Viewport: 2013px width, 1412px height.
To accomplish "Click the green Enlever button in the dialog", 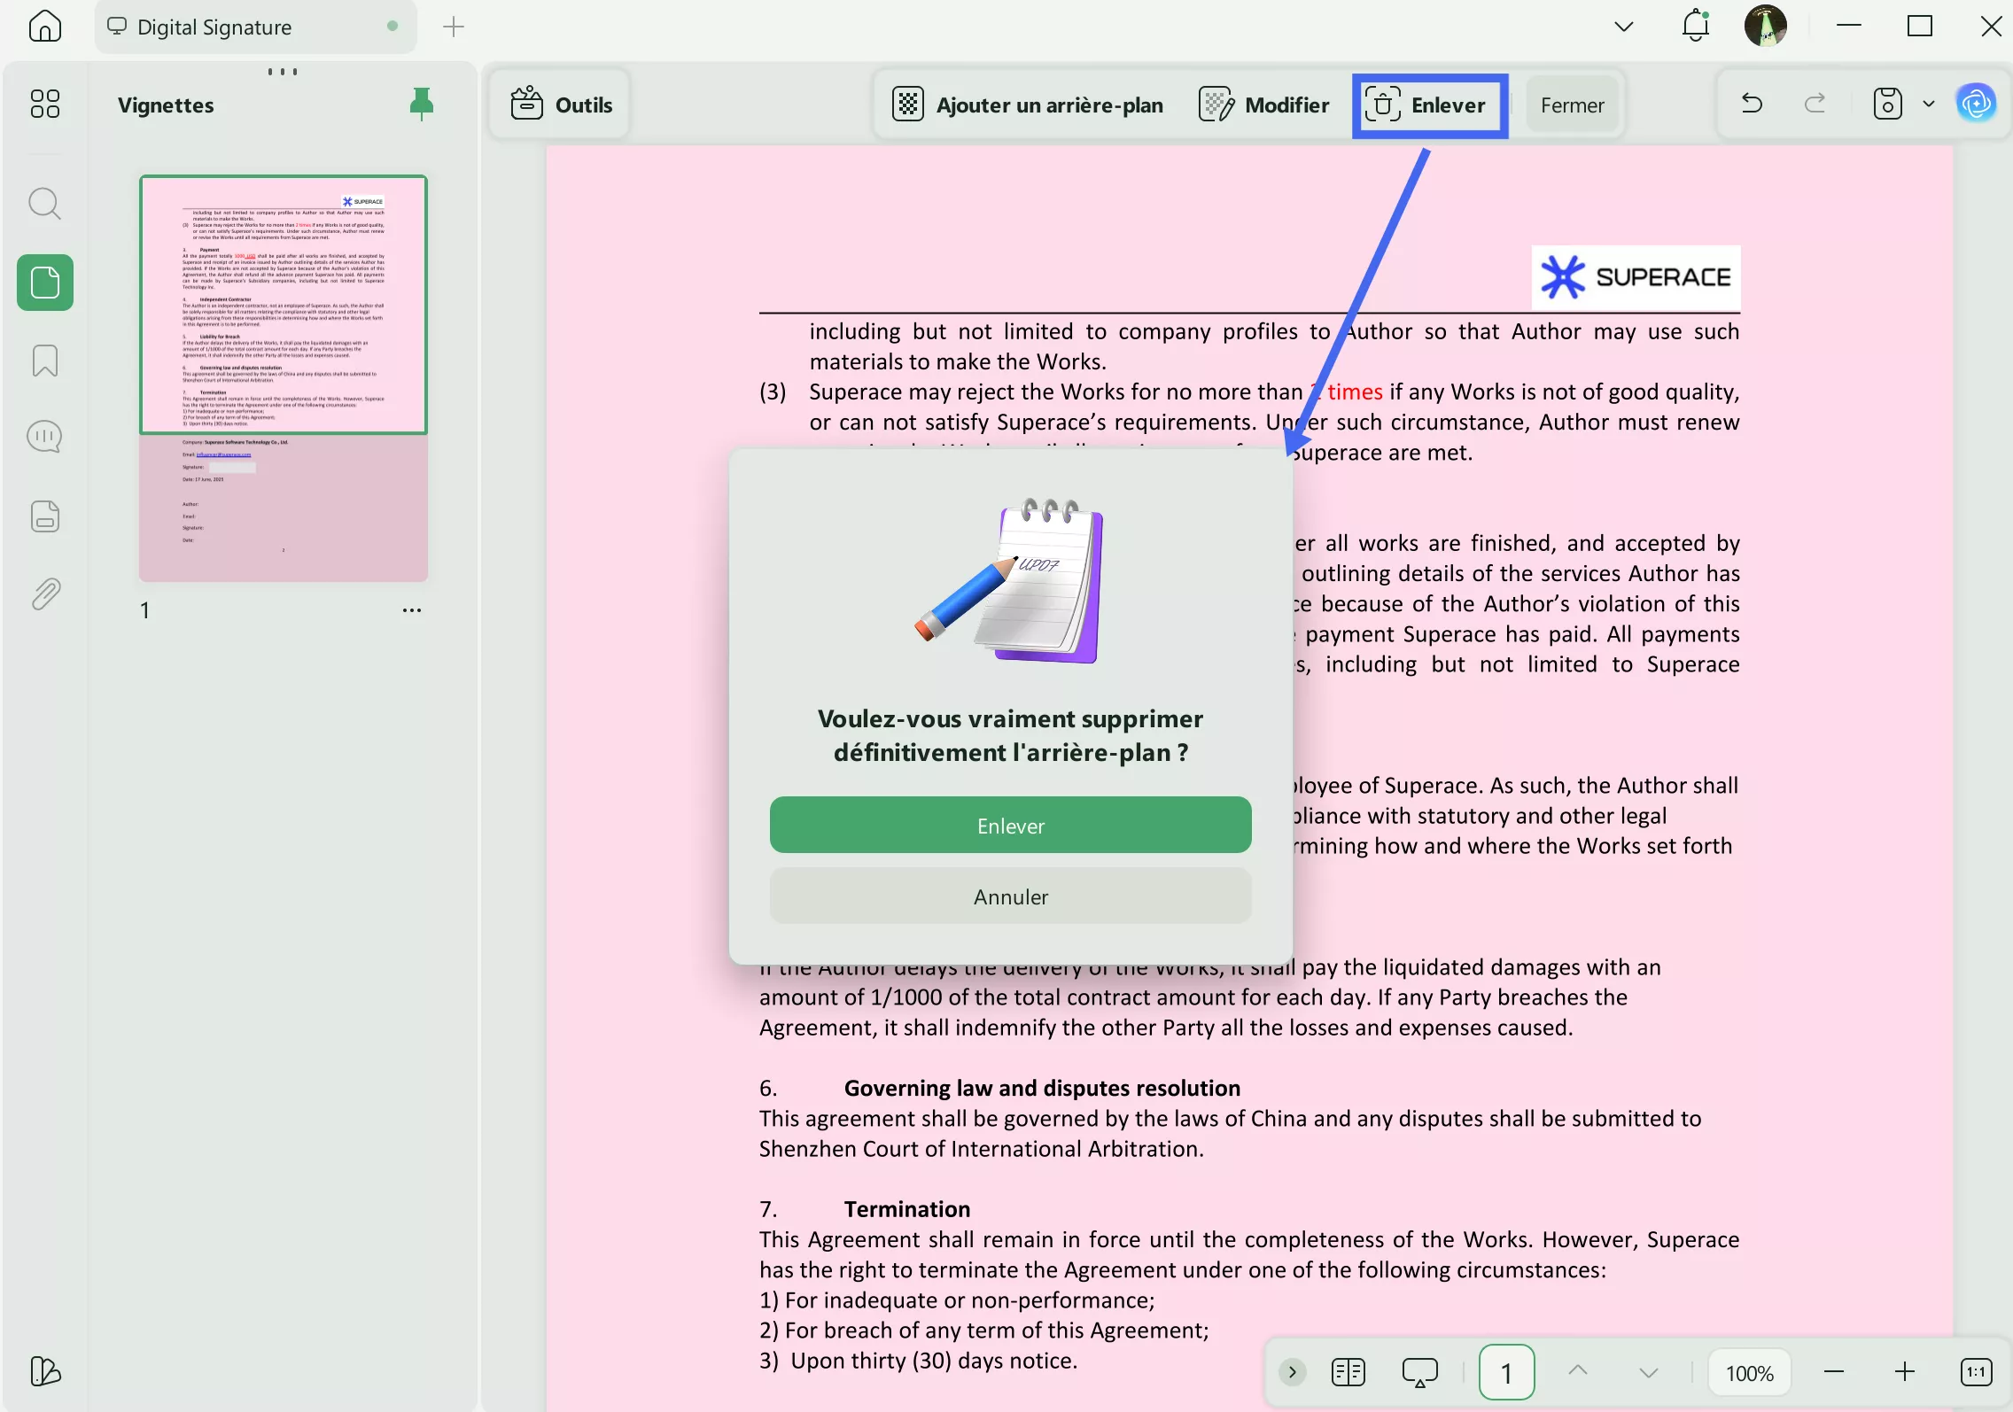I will click(x=1010, y=826).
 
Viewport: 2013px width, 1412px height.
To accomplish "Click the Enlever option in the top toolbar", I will click(x=1429, y=105).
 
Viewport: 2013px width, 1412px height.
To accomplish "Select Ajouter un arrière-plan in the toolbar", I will click(x=1028, y=105).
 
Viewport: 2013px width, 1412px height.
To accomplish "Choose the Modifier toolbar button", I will click(x=1264, y=105).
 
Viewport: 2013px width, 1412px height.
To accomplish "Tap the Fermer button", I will click(x=1572, y=105).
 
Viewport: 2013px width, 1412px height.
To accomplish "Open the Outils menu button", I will click(x=562, y=105).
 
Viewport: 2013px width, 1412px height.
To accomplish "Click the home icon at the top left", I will click(x=45, y=27).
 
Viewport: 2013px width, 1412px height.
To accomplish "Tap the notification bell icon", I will click(x=1695, y=27).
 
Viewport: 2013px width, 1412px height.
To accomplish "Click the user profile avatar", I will click(x=1765, y=27).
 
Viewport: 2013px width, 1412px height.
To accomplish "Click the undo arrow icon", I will click(x=1752, y=105).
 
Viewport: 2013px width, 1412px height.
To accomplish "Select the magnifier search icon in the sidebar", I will click(x=45, y=204).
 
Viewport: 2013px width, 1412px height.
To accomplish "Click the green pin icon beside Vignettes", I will click(x=422, y=105).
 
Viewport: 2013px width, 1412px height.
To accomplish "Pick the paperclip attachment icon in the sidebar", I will click(x=45, y=594).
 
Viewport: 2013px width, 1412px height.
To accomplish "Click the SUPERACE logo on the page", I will click(x=1636, y=277).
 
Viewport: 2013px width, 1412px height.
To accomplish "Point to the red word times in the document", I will click(x=1355, y=392).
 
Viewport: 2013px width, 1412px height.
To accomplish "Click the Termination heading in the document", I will click(x=906, y=1209).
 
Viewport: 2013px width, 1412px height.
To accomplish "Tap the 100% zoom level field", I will click(x=1749, y=1373).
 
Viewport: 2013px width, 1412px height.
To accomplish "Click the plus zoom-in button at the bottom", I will click(x=1904, y=1373).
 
